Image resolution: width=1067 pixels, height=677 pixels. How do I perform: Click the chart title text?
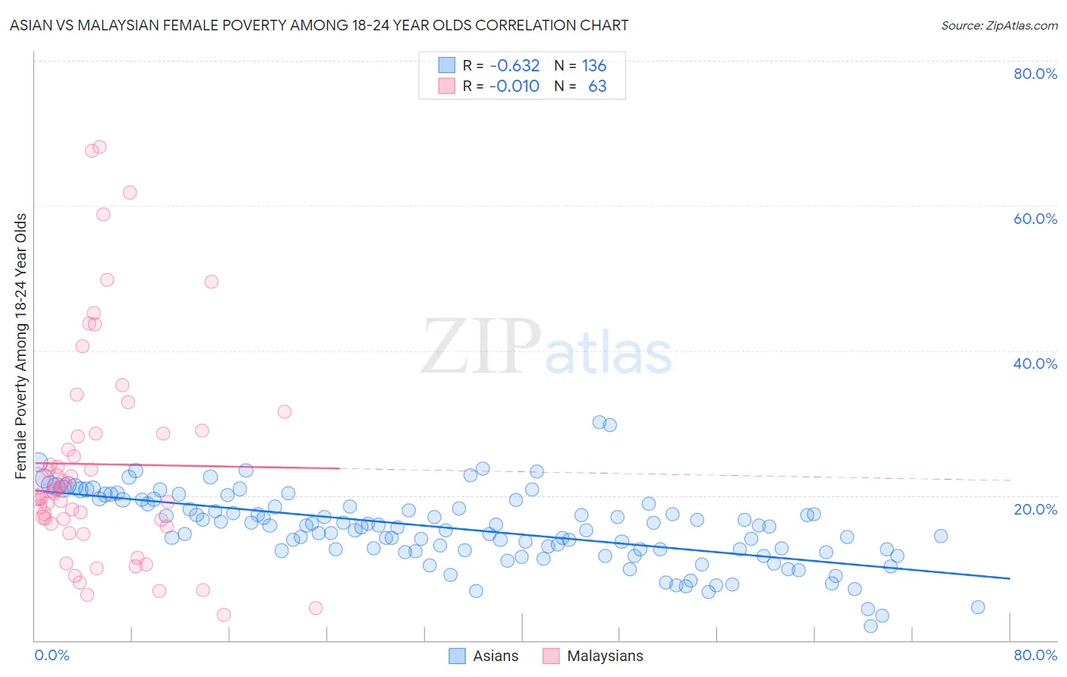pyautogui.click(x=319, y=25)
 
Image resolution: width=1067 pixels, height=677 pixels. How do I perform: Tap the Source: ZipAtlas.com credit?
pyautogui.click(x=999, y=25)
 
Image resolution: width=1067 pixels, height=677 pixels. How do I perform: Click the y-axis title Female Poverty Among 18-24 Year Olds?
pyautogui.click(x=21, y=346)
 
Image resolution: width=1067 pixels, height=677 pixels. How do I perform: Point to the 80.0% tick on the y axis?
pyautogui.click(x=1035, y=74)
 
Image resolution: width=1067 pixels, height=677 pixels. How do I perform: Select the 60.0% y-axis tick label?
pyautogui.click(x=1035, y=219)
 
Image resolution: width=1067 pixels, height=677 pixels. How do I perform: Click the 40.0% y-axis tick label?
pyautogui.click(x=1035, y=364)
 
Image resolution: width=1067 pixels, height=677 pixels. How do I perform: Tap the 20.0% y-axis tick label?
pyautogui.click(x=1035, y=509)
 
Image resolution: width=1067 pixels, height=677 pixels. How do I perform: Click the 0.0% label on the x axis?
pyautogui.click(x=52, y=655)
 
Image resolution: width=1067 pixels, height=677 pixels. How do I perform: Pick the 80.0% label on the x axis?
pyautogui.click(x=1035, y=655)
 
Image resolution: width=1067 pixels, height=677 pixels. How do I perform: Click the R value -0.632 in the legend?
pyautogui.click(x=515, y=66)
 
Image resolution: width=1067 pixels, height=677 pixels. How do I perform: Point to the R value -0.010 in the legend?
pyautogui.click(x=515, y=87)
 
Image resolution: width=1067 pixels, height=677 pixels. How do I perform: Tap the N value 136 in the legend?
pyautogui.click(x=594, y=66)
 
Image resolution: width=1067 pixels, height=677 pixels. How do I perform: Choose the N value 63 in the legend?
pyautogui.click(x=597, y=87)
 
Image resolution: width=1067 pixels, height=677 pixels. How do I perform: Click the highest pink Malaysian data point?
pyautogui.click(x=99, y=147)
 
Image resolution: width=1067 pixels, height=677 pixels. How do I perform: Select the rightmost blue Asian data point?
pyautogui.click(x=977, y=607)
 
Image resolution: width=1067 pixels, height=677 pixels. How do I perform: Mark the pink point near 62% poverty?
pyautogui.click(x=130, y=193)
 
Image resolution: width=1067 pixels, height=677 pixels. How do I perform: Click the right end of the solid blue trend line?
pyautogui.click(x=1009, y=578)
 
